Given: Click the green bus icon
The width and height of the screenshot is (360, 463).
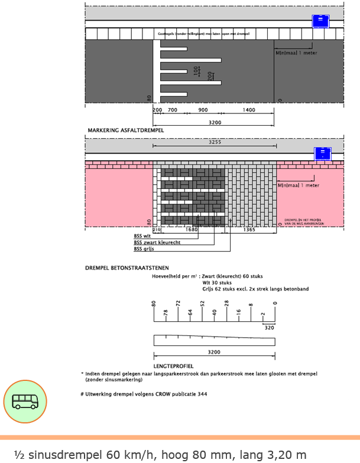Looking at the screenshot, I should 25,402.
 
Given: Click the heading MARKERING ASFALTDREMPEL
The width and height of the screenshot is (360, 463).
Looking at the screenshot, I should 125,130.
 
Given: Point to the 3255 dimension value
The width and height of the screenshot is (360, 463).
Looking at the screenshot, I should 214,142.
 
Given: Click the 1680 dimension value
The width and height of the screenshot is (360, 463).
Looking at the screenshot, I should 192,230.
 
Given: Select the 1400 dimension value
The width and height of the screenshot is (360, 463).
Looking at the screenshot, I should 248,110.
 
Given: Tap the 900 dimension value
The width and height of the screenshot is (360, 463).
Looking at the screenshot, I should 203,110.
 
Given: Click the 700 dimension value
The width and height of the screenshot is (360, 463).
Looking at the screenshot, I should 173,110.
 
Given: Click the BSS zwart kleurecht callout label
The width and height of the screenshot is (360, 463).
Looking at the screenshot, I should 157,243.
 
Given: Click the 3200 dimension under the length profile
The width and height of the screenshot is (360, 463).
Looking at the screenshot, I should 214,352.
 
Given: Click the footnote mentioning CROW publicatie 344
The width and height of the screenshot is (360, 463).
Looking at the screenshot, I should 144,393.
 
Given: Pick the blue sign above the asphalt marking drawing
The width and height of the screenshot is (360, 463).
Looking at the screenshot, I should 320,21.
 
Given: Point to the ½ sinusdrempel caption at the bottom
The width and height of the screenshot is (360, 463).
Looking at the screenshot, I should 160,454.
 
